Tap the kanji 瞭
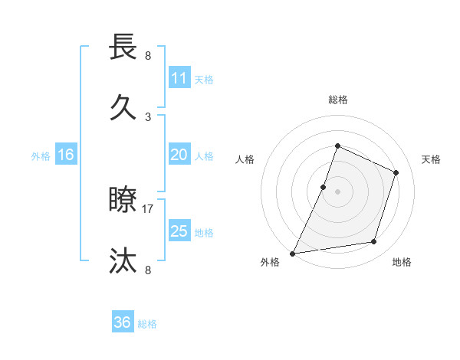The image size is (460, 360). [123, 201]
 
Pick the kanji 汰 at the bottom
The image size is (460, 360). [123, 260]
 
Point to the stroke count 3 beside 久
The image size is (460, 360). [148, 116]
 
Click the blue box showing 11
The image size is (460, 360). [179, 78]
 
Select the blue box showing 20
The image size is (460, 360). [179, 155]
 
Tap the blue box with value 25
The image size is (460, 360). [179, 231]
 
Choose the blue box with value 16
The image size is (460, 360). [66, 155]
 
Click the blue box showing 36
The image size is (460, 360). [123, 322]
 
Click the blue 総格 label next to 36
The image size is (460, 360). [147, 324]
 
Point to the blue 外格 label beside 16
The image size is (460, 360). [41, 156]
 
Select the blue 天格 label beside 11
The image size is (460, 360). [204, 80]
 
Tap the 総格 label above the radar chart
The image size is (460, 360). [337, 100]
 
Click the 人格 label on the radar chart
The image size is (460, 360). [245, 159]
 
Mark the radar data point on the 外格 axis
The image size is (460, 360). [292, 254]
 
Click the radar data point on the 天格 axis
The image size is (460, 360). [396, 172]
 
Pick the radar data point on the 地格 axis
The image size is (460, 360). [374, 242]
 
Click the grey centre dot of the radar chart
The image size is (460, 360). [337, 191]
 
